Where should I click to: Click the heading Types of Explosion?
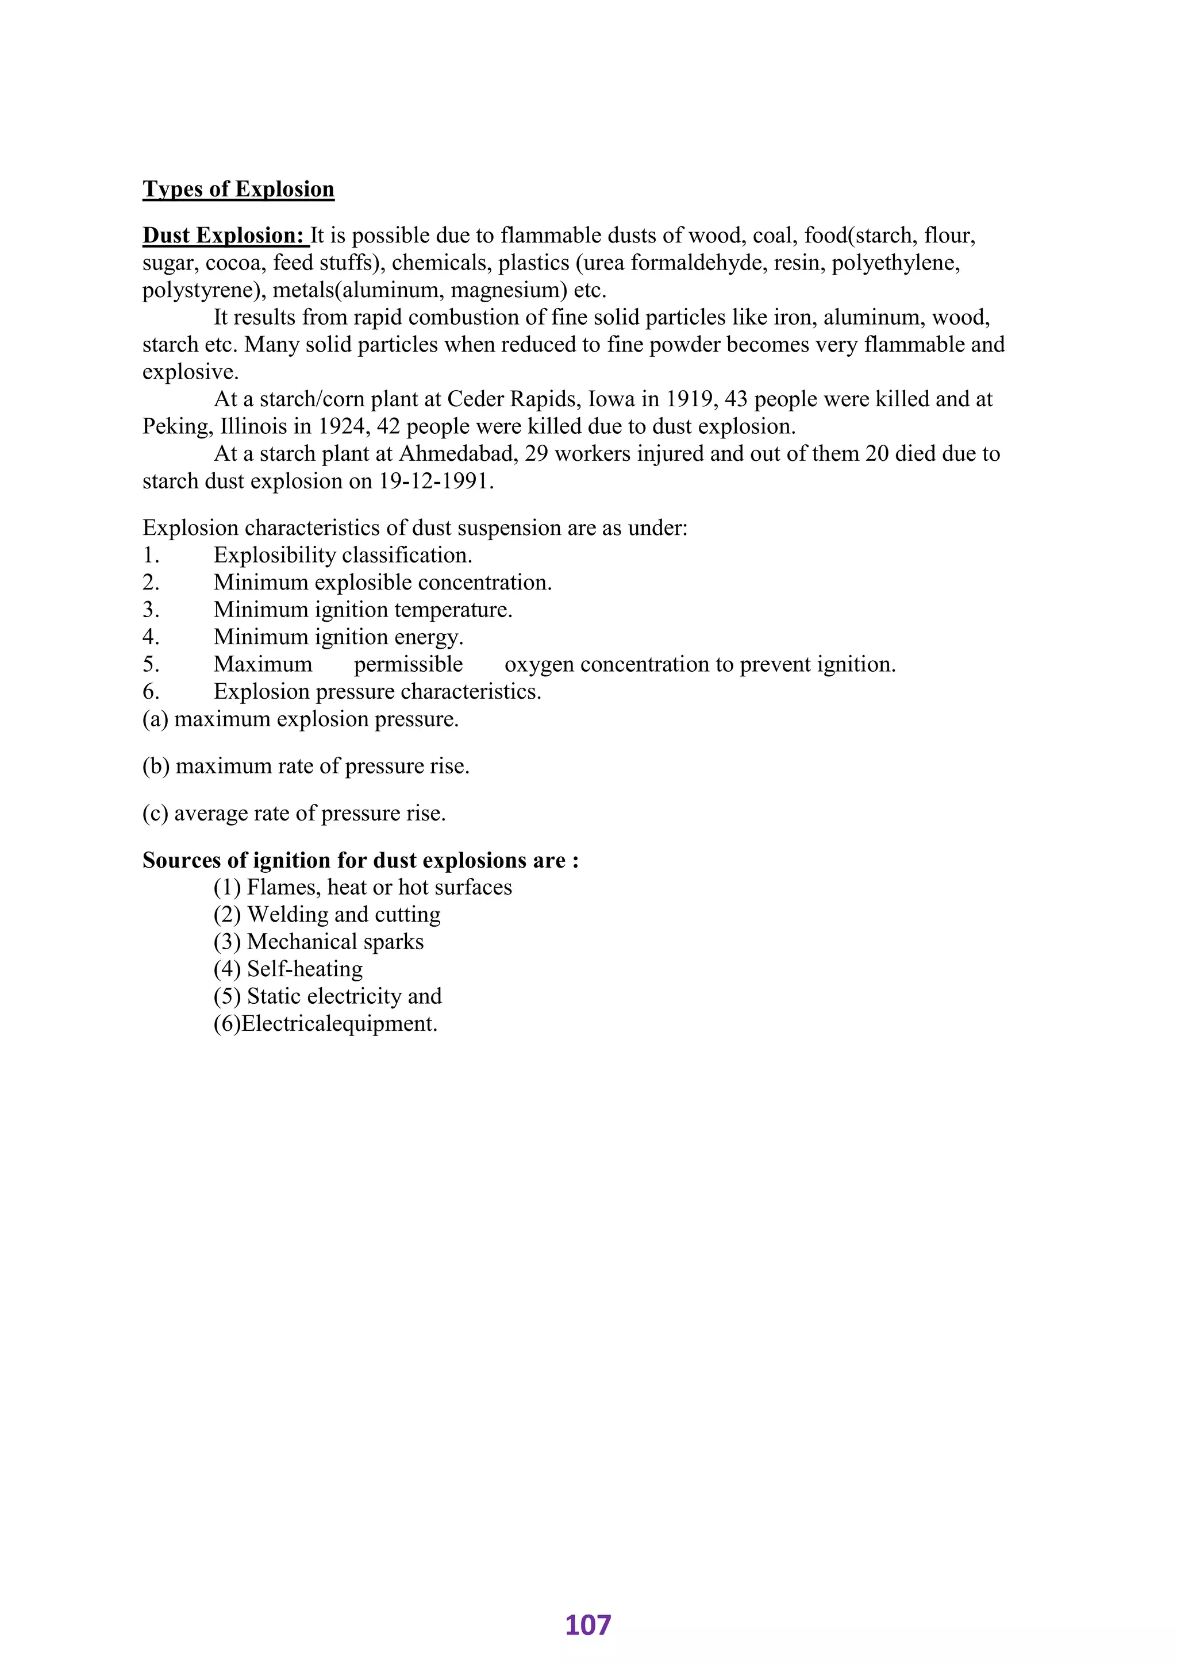238,189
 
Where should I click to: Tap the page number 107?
588,1626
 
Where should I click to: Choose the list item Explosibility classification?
343,556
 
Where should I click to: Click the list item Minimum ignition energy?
339,638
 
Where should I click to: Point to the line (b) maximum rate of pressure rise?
306,766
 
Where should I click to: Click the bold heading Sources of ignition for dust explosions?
360,860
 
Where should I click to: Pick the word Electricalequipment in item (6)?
339,1024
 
